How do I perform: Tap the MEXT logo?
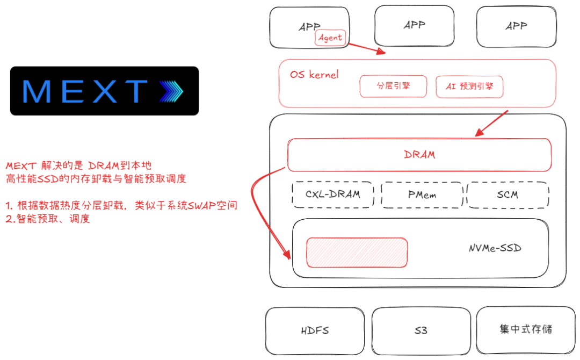click(x=104, y=91)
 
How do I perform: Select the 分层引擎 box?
click(x=393, y=86)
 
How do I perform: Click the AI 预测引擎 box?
click(x=469, y=87)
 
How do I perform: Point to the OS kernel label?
click(x=314, y=75)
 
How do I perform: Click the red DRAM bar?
click(x=419, y=155)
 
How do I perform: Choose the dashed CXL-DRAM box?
click(x=333, y=195)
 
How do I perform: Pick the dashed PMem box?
click(x=422, y=195)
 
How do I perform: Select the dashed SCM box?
click(x=508, y=195)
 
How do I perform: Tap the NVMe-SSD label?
click(x=495, y=248)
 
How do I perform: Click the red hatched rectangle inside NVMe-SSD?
click(x=357, y=252)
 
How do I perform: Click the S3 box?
click(x=421, y=330)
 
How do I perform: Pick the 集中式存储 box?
click(x=525, y=329)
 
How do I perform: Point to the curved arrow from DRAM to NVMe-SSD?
click(x=257, y=204)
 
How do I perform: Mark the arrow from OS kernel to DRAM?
click(x=491, y=124)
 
